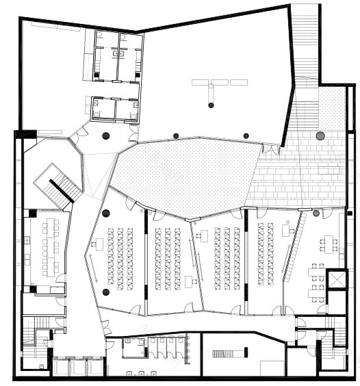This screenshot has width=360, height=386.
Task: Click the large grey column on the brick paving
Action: (x=320, y=136)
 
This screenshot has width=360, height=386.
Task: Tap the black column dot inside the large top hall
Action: (x=211, y=105)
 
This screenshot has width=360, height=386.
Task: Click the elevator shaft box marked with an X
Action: (x=336, y=279)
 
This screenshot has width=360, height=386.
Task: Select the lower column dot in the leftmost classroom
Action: (x=105, y=292)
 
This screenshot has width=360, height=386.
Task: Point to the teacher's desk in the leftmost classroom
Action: (x=98, y=242)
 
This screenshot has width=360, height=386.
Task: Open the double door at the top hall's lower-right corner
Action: (x=272, y=147)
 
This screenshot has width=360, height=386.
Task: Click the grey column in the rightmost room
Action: (x=316, y=214)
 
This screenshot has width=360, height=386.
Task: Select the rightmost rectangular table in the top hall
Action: (x=239, y=82)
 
